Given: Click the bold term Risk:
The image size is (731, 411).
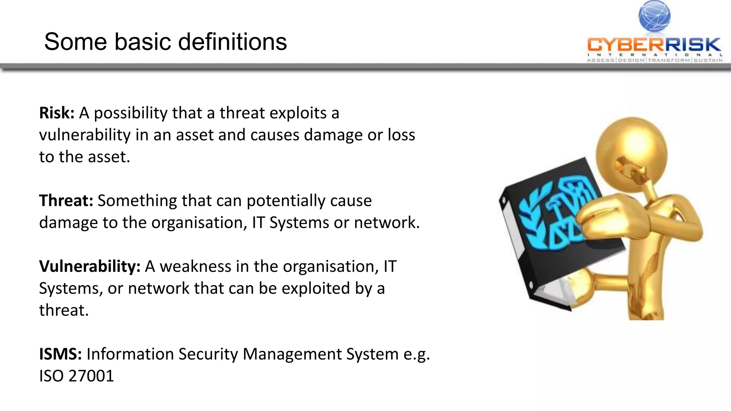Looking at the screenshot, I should click(56, 113).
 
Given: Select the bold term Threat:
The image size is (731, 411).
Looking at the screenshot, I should click(66, 201).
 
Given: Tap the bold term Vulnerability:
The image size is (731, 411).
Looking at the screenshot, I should click(90, 266).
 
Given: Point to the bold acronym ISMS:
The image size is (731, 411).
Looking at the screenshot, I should click(60, 354).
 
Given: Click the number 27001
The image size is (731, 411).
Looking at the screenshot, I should click(91, 376).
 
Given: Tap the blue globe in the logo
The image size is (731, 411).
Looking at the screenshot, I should click(654, 16).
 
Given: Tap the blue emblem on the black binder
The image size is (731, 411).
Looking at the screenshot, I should click(557, 214).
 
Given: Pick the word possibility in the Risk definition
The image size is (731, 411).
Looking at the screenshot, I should click(130, 113).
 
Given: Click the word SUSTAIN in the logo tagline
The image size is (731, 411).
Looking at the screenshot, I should click(708, 60).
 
